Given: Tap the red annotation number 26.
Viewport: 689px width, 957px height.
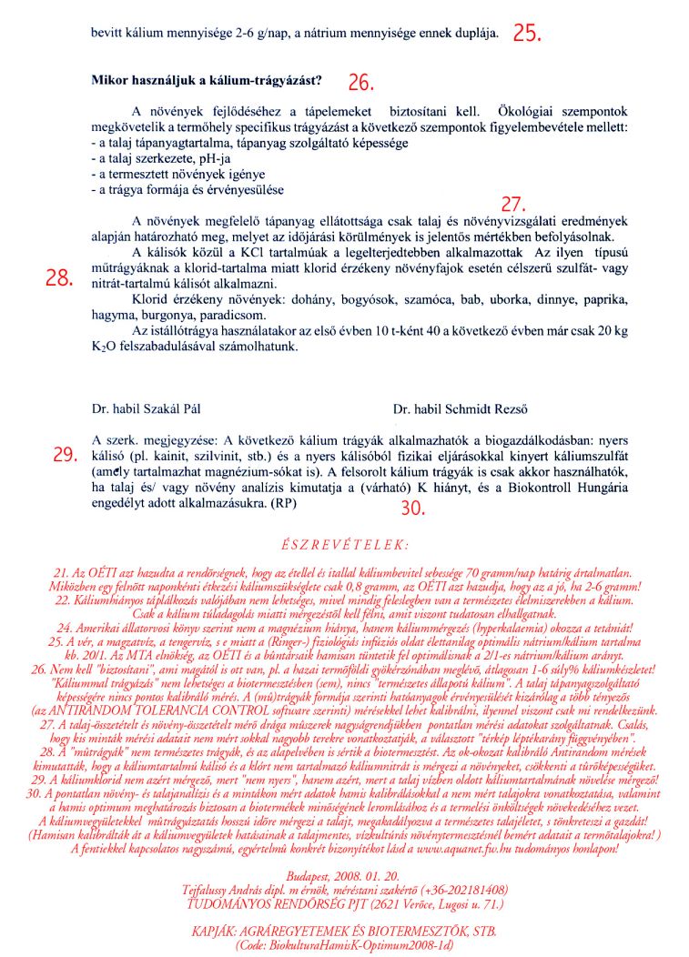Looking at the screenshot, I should point(360,83).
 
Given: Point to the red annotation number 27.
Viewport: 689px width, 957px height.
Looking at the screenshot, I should point(515,203).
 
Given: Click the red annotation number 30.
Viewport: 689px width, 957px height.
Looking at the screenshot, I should point(413,509).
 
